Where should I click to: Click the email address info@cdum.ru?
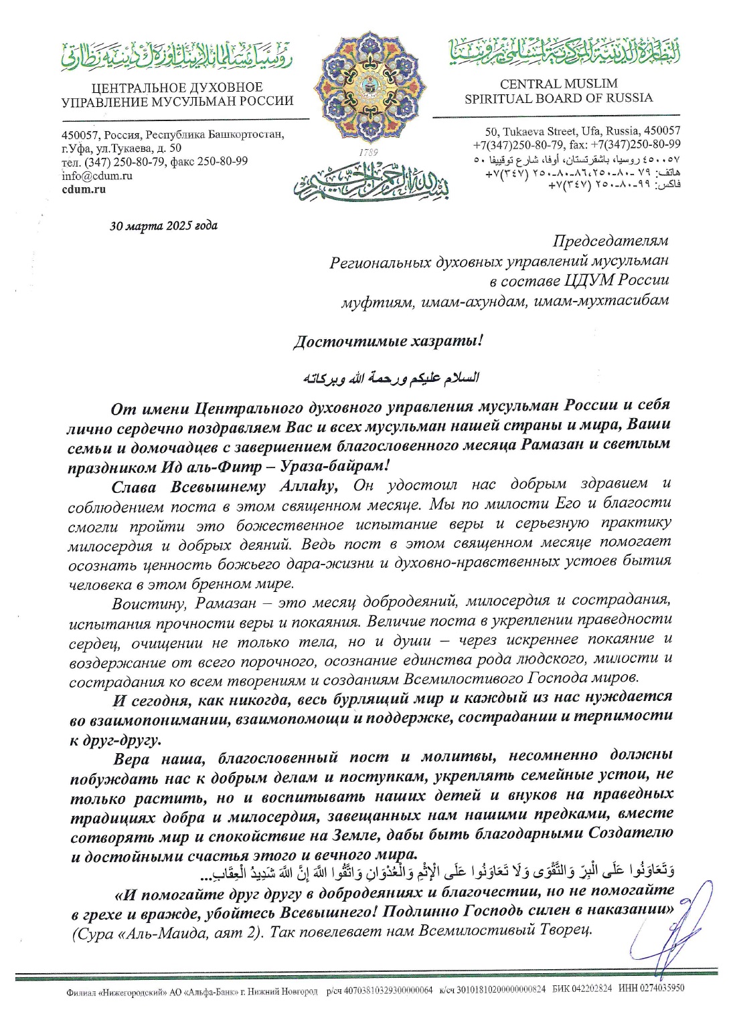pyautogui.click(x=96, y=176)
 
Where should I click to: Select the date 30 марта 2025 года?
pyautogui.click(x=163, y=225)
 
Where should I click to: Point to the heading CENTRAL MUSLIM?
pyautogui.click(x=558, y=84)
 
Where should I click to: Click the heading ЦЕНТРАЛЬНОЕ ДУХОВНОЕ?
pyautogui.click(x=177, y=88)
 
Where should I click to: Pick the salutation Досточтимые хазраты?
pyautogui.click(x=388, y=341)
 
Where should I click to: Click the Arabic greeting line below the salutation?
pyautogui.click(x=391, y=378)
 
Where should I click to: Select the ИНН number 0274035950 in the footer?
pyautogui.click(x=660, y=989)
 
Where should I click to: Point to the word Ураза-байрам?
pyautogui.click(x=346, y=464)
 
